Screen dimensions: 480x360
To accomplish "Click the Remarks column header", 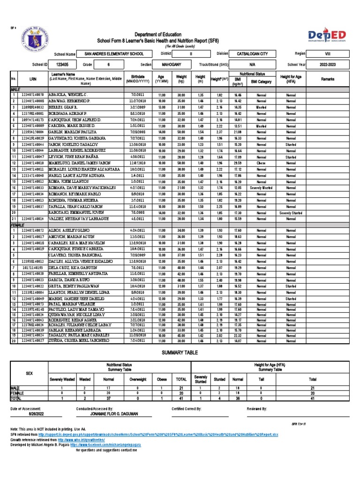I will [x=328, y=80].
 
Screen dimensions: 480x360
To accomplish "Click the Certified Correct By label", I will [x=187, y=409].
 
